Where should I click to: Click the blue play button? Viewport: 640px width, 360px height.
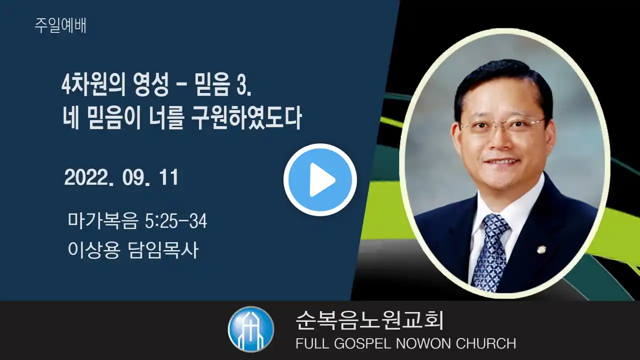click(x=320, y=179)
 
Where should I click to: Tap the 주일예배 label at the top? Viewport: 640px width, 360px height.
click(x=60, y=25)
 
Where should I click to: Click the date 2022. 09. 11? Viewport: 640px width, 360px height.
click(x=121, y=177)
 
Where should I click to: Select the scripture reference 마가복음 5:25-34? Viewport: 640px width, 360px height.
click(x=137, y=221)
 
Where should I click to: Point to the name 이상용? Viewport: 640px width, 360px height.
click(x=93, y=250)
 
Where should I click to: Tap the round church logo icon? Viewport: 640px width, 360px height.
click(x=251, y=329)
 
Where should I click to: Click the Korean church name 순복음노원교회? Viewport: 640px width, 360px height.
click(x=369, y=320)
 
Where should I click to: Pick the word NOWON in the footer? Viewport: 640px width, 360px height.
click(x=423, y=343)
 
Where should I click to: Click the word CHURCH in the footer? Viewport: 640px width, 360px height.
click(x=486, y=343)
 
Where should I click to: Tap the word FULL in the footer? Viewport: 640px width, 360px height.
click(x=312, y=343)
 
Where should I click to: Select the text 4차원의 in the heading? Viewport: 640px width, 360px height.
click(x=93, y=85)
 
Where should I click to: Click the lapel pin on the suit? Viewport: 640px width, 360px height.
click(x=540, y=249)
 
